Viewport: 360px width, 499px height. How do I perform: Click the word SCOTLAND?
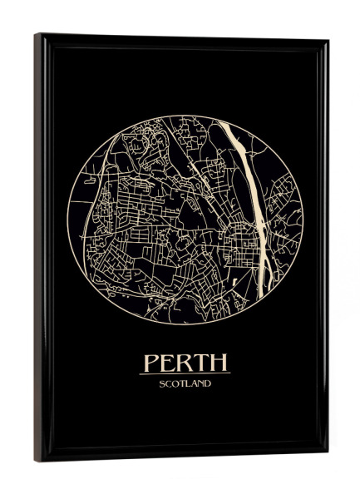pyautogui.click(x=185, y=383)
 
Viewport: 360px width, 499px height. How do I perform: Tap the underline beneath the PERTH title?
pyautogui.click(x=185, y=373)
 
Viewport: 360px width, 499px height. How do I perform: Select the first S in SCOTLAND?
pyautogui.click(x=162, y=383)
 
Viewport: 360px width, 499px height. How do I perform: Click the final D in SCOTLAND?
pyautogui.click(x=208, y=383)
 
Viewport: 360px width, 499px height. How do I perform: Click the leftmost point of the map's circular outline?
pyautogui.click(x=67, y=218)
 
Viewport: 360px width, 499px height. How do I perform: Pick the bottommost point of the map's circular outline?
pyautogui.click(x=185, y=324)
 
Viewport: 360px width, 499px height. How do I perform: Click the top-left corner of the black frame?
pyautogui.click(x=35, y=34)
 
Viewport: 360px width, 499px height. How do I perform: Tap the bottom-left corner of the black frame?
pyautogui.click(x=36, y=461)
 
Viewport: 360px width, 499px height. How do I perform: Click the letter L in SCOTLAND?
pyautogui.click(x=190, y=383)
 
